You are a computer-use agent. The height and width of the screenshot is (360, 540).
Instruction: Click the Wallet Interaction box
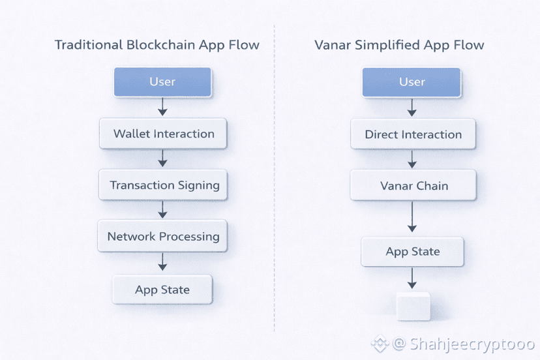click(x=163, y=134)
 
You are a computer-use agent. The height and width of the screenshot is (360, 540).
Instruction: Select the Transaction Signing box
click(x=163, y=185)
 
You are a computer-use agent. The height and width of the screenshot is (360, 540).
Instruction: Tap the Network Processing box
click(x=163, y=236)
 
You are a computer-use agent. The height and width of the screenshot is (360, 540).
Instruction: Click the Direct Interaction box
click(x=413, y=134)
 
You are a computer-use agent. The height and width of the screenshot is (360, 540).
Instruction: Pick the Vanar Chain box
click(x=413, y=185)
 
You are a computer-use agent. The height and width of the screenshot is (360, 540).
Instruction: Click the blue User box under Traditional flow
click(x=162, y=82)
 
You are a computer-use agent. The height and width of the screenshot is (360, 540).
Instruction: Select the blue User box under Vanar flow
click(x=412, y=82)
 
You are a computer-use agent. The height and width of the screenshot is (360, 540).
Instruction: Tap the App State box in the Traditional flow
click(x=162, y=290)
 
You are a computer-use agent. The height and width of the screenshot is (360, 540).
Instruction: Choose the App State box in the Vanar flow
click(x=412, y=252)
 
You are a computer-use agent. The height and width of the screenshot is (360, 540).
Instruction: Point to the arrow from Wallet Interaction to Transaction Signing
click(x=163, y=158)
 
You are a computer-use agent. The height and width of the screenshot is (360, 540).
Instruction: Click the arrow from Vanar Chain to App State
click(x=412, y=217)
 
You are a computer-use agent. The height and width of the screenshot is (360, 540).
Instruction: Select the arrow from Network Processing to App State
click(x=163, y=262)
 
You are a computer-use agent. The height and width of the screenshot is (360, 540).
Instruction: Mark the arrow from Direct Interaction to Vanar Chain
click(x=412, y=159)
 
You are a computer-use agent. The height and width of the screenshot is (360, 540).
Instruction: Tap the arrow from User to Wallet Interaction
click(x=163, y=107)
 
